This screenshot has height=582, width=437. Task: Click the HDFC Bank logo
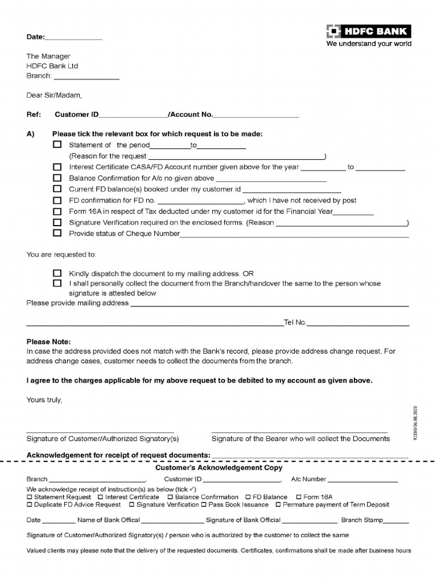click(x=368, y=32)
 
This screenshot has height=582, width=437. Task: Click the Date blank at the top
click(x=73, y=39)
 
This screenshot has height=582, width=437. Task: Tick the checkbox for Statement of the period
click(x=57, y=145)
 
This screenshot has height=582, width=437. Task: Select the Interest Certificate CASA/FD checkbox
click(x=57, y=167)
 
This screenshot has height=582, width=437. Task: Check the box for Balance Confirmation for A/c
click(x=57, y=178)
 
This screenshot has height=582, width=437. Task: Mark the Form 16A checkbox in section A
click(x=57, y=211)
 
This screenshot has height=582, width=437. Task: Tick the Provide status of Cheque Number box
click(x=57, y=233)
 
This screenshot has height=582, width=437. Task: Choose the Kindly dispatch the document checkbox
click(x=57, y=273)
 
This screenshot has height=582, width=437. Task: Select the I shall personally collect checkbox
click(x=57, y=283)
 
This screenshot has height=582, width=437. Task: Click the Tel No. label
click(x=295, y=323)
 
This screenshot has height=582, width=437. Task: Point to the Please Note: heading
click(x=49, y=342)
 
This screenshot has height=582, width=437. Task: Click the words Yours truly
click(x=44, y=400)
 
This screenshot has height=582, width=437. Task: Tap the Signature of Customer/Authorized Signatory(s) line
click(x=100, y=432)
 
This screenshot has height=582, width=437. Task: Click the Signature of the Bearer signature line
click(x=299, y=432)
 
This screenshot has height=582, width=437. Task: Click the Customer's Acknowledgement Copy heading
click(x=219, y=468)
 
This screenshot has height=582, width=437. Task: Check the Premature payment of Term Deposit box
click(x=278, y=505)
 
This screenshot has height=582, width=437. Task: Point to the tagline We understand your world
click(x=368, y=44)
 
